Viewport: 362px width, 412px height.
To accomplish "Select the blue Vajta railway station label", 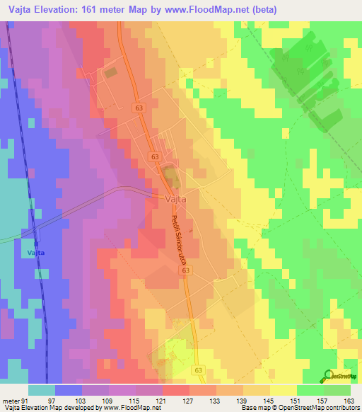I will [x=36, y=253].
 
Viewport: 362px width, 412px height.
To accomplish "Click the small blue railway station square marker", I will [x=35, y=243].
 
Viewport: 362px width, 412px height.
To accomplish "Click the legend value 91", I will [x=26, y=401].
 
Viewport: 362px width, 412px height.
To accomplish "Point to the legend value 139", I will [x=243, y=401].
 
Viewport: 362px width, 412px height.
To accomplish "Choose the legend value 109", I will [x=108, y=401].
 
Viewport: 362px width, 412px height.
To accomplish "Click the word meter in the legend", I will [x=11, y=401].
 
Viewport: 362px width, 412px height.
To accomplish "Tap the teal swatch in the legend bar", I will [x=41, y=390].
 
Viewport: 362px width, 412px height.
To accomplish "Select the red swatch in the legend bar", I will [x=175, y=390].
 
